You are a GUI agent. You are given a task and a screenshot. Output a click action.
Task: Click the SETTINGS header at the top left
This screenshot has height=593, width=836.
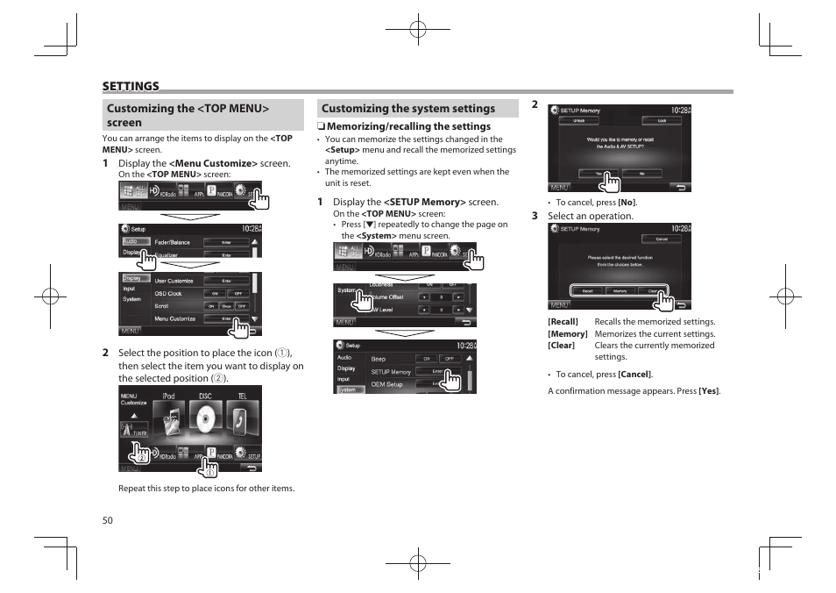point(131,86)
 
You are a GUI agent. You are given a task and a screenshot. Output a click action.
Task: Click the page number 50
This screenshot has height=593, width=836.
point(108,519)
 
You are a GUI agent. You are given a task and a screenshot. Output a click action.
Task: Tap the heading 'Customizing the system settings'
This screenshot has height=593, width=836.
point(408,109)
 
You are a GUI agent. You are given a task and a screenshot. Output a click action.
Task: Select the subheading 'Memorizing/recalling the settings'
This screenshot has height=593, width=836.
point(408,126)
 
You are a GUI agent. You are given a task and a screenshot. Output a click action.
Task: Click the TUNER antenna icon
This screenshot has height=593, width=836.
point(134,429)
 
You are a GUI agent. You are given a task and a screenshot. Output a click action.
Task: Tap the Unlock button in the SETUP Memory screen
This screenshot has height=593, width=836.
point(580,121)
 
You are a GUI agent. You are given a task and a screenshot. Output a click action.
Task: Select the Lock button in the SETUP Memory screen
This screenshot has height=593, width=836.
point(662,121)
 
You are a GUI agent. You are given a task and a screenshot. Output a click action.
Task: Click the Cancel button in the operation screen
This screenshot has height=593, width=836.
point(662,239)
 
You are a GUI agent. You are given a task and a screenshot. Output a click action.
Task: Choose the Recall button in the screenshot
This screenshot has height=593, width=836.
point(586,291)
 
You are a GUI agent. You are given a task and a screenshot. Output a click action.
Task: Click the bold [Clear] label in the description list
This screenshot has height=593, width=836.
point(562,346)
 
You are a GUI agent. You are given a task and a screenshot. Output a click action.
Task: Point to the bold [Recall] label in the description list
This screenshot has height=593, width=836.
point(563,322)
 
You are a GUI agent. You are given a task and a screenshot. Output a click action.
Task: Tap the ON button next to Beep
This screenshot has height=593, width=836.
point(425,359)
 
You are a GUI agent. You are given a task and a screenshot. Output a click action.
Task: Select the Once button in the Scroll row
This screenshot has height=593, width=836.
point(225,306)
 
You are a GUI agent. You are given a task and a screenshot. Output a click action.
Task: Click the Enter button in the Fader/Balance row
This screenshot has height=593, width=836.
point(225,242)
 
